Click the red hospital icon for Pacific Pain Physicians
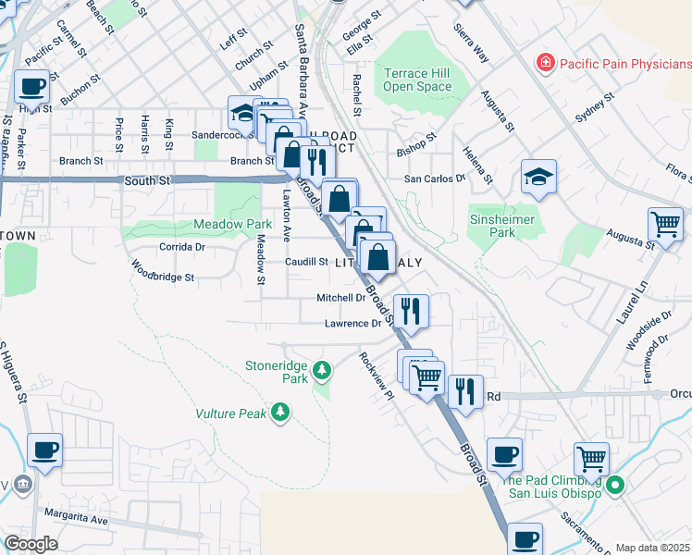pos(546,63)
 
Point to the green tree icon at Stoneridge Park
pos(321,371)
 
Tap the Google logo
pos(31,544)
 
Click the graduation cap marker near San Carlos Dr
pos(538,178)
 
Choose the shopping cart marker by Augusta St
pos(665,224)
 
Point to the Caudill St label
pos(306,262)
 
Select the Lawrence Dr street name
pos(352,324)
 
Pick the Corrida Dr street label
pos(181,247)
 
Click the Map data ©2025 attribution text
pos(652,548)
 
